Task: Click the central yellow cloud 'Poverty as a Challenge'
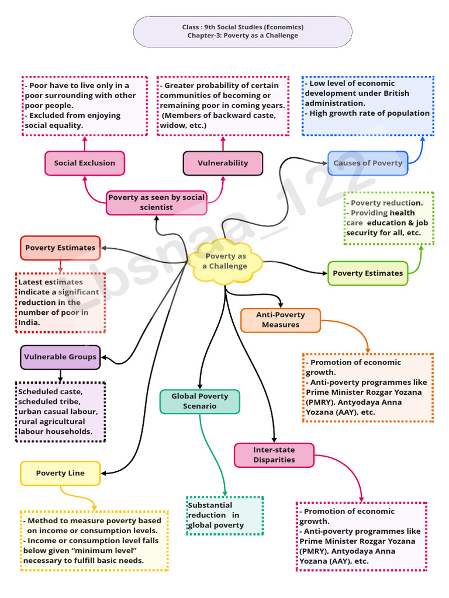(x=225, y=261)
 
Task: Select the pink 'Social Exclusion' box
(x=84, y=163)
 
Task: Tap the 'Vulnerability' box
(x=223, y=163)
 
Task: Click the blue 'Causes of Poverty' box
(x=368, y=163)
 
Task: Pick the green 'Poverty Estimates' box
(x=368, y=273)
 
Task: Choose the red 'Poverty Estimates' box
(x=60, y=248)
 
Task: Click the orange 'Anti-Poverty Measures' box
(x=281, y=320)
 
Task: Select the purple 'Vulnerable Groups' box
(x=60, y=357)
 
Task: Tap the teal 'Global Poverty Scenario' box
(x=199, y=401)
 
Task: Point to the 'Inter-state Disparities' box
(x=274, y=455)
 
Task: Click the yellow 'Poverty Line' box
(x=60, y=473)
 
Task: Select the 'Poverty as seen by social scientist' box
(x=156, y=202)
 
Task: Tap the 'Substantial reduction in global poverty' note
(x=224, y=515)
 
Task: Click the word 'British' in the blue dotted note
(x=393, y=93)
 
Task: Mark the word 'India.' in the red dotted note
(x=29, y=322)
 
